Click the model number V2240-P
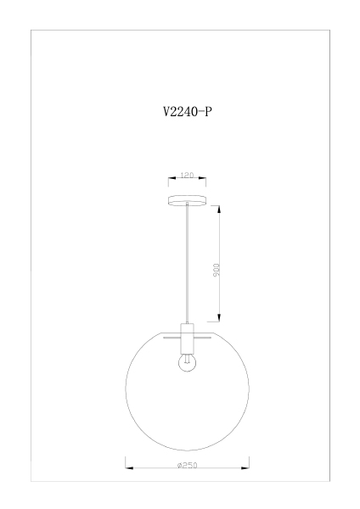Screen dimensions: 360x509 pos(188,112)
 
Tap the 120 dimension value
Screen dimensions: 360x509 pos(187,176)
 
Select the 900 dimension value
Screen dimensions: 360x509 pos(216,270)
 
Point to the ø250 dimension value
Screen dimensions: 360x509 pos(188,465)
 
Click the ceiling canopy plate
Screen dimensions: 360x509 pos(187,200)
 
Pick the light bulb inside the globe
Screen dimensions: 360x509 pos(187,362)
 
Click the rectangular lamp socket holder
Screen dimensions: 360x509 pos(187,338)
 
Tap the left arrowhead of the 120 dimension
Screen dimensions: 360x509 pos(172,178)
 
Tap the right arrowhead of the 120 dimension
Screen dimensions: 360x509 pos(202,178)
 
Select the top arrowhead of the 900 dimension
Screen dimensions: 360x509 pos(219,210)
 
